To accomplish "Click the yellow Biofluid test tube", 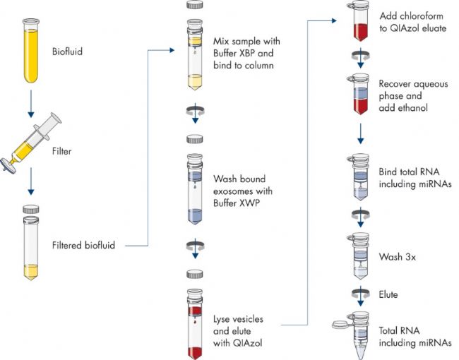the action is tap(31, 50).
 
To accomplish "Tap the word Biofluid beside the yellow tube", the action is tap(67, 52).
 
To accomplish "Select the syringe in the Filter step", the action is tap(31, 144).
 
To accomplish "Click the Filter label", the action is tap(61, 151).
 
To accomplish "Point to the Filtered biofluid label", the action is tap(84, 245).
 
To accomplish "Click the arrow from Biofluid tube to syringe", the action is tap(31, 104).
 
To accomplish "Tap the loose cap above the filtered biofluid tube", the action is tap(31, 209).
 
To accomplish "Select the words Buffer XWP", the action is tap(237, 203).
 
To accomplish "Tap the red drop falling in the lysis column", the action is tap(195, 322).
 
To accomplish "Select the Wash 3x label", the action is tap(398, 257).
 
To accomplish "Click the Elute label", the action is tap(388, 294).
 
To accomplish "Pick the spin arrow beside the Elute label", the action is tap(361, 296).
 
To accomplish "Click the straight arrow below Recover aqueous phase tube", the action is tap(361, 133).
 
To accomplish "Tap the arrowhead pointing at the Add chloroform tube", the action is tap(334, 20).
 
